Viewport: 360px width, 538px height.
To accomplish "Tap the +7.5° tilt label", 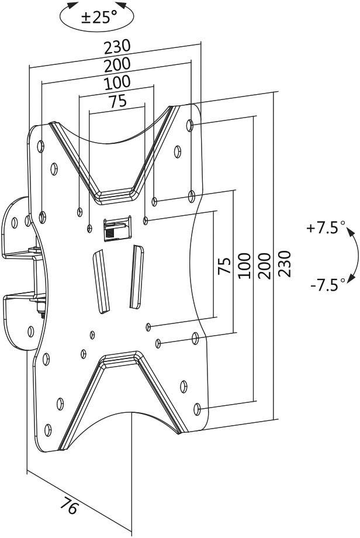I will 326,228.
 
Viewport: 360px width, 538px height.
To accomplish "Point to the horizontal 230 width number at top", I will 117,46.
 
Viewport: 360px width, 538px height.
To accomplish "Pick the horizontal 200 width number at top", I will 117,64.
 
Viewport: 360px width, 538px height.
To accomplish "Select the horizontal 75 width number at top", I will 117,101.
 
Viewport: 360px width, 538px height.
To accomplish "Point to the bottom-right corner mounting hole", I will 199,409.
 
